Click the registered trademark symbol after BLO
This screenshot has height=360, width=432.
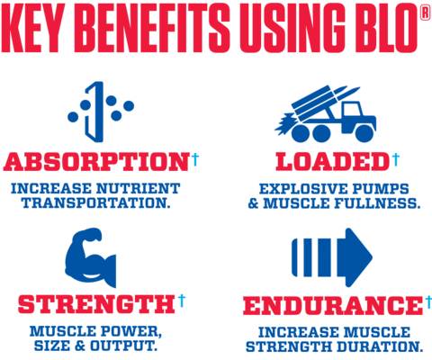[426, 13]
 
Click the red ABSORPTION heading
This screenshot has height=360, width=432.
[96, 162]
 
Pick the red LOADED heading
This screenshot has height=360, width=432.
[332, 162]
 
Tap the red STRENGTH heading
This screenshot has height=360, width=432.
[96, 304]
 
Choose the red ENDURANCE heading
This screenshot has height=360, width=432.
[333, 305]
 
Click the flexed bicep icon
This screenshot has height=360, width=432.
[91, 257]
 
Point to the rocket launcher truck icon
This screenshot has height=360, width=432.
[326, 114]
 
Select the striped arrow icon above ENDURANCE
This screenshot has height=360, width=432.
[332, 257]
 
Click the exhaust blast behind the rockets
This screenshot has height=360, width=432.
[284, 124]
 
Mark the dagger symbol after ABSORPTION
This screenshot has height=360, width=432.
[195, 159]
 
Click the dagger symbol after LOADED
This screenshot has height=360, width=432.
[396, 159]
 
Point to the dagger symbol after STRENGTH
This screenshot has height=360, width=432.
[182, 301]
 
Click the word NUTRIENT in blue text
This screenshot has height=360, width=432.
[138, 189]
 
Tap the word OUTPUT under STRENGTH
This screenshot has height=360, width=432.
[123, 346]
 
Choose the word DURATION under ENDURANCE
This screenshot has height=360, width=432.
[380, 346]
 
